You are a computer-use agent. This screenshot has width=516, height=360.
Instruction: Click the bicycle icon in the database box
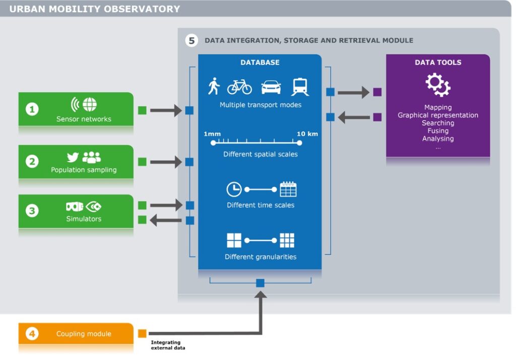coord(239,87)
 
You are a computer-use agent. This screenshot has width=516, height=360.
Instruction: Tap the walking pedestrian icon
coord(214,86)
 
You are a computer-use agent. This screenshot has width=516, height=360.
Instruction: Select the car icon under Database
coord(271,87)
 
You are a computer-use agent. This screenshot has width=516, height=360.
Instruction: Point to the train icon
coord(300,87)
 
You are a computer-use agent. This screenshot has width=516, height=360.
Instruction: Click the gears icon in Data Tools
coord(437,85)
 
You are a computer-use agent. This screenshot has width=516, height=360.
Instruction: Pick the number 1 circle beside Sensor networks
coord(32,109)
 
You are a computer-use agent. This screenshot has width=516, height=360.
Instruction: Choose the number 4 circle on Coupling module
coord(32,334)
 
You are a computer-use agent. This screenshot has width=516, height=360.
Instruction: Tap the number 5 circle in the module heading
coord(191,40)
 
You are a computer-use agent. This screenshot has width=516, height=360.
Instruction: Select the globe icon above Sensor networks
coord(90,105)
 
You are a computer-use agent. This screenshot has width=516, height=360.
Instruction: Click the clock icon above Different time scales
coord(234,189)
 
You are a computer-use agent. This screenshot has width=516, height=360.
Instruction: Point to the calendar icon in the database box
coord(288,189)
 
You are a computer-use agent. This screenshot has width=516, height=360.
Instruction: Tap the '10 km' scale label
coord(307,134)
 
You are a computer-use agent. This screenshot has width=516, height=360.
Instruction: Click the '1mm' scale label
coord(212,134)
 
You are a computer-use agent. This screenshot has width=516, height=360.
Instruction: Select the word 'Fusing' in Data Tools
coord(437,131)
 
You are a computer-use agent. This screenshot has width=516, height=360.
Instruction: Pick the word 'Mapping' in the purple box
coord(437,107)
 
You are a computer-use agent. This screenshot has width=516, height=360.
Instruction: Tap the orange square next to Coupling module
coord(142,333)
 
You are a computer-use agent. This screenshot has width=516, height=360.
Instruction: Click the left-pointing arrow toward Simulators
coord(166,220)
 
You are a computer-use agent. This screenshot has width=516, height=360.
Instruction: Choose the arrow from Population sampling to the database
coord(166,162)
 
